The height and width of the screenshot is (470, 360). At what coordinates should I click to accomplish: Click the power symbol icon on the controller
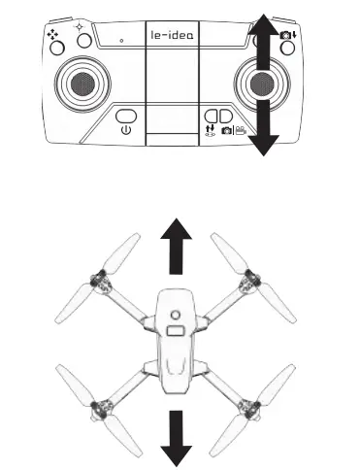[x=124, y=127]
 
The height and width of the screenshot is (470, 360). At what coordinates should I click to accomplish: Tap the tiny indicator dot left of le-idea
[x=121, y=41]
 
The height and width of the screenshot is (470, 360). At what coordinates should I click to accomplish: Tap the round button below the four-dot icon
[x=56, y=46]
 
